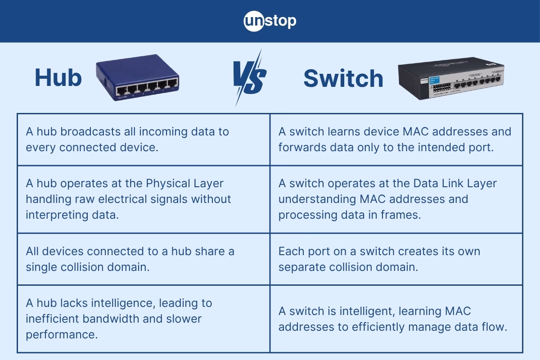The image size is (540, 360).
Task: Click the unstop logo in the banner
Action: tap(270, 21)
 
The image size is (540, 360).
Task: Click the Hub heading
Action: tap(58, 78)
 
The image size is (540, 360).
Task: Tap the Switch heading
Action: tap(343, 79)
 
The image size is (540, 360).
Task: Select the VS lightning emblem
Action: tap(249, 77)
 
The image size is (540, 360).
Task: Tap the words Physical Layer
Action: tap(185, 184)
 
